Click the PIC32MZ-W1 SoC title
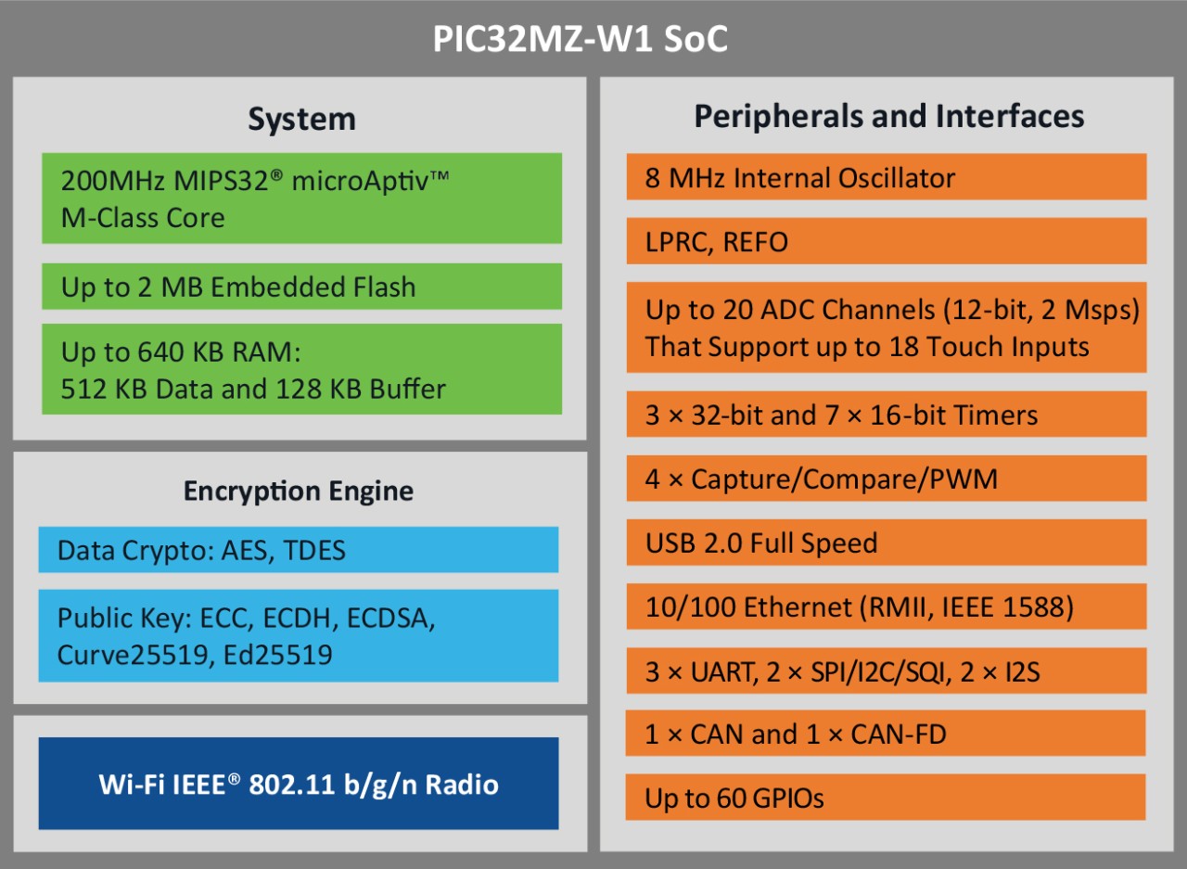(580, 41)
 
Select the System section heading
(301, 120)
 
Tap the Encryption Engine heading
(298, 491)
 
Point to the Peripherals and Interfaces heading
(888, 116)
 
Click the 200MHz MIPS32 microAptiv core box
(301, 198)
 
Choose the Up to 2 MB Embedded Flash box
(301, 287)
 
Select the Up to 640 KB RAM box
(301, 369)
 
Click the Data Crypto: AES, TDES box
(298, 550)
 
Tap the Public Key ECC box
(298, 636)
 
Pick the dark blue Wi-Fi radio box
(298, 784)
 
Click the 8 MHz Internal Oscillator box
(886, 177)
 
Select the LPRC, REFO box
(886, 242)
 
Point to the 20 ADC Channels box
(886, 327)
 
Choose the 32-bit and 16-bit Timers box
(886, 415)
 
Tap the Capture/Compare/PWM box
(886, 479)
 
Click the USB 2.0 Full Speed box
(886, 543)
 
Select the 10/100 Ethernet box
(886, 607)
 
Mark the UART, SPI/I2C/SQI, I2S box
(886, 671)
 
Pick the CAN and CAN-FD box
(886, 735)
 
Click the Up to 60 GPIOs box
(886, 798)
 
